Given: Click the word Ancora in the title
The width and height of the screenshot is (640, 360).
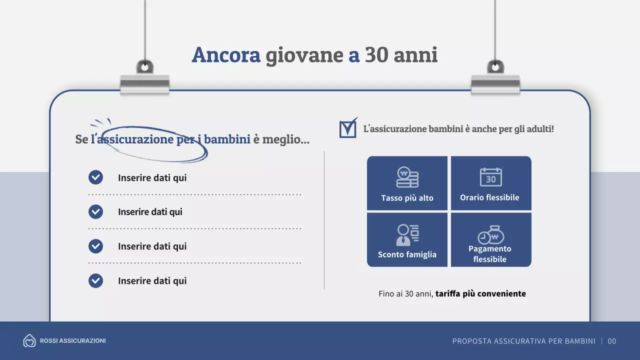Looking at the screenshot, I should pyautogui.click(x=226, y=55).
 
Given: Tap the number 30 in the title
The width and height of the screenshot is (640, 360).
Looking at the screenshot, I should pyautogui.click(x=376, y=55).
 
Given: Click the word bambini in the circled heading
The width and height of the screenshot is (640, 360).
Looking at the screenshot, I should pyautogui.click(x=227, y=139).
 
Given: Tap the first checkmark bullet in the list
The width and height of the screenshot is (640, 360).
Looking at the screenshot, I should pyautogui.click(x=95, y=177).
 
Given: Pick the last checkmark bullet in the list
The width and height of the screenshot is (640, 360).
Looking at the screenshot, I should pyautogui.click(x=95, y=280).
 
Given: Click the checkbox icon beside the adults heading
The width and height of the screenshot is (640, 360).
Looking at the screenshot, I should pyautogui.click(x=348, y=128).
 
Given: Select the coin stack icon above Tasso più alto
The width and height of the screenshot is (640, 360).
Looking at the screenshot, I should pyautogui.click(x=407, y=177).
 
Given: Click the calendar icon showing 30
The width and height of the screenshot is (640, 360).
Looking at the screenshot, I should pyautogui.click(x=491, y=177).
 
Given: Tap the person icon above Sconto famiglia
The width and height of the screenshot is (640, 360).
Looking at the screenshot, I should pyautogui.click(x=407, y=234).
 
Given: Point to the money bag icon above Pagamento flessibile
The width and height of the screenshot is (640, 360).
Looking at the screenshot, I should pyautogui.click(x=491, y=235).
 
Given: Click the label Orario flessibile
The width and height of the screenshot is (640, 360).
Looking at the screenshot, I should pyautogui.click(x=489, y=197).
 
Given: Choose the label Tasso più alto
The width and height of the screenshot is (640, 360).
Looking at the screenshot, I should pyautogui.click(x=407, y=198).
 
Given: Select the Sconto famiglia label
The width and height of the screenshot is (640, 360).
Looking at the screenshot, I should pyautogui.click(x=407, y=254).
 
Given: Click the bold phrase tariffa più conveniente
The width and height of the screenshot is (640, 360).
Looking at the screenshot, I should pyautogui.click(x=480, y=293).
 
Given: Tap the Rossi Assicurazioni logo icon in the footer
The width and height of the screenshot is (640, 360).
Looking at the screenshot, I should pyautogui.click(x=29, y=341).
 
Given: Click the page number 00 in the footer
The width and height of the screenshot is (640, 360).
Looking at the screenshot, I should pyautogui.click(x=612, y=341).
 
